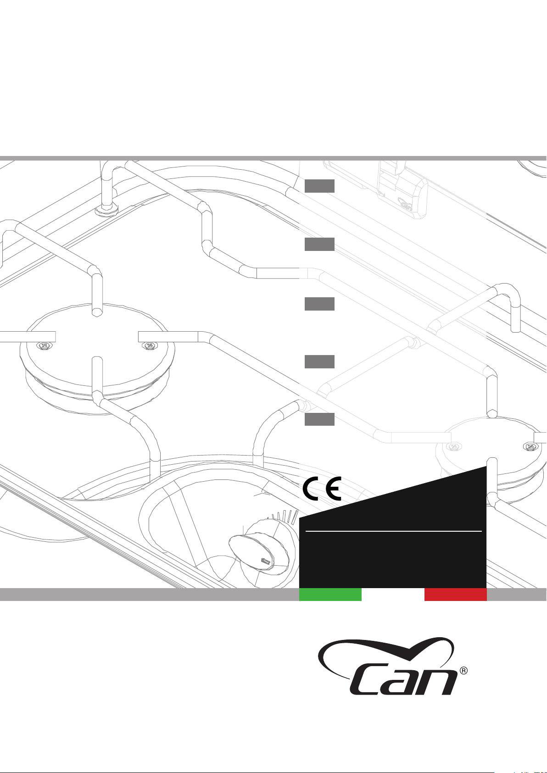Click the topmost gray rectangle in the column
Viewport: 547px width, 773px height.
coord(319,186)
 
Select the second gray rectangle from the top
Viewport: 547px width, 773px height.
coord(319,244)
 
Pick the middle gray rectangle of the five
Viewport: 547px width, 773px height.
coord(319,304)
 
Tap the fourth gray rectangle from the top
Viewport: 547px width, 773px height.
coord(319,361)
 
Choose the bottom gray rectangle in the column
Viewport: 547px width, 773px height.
coord(319,419)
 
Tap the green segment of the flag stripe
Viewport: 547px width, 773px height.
coord(330,595)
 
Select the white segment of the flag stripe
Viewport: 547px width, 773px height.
coord(393,595)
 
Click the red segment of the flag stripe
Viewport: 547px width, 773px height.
coord(456,595)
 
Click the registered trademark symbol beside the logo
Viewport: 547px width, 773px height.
coord(463,671)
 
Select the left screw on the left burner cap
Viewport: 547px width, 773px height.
coord(44,345)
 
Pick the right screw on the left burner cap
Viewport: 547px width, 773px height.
coord(150,345)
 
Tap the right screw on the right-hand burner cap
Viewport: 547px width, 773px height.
coord(531,446)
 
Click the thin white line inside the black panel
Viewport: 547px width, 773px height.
coord(393,531)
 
